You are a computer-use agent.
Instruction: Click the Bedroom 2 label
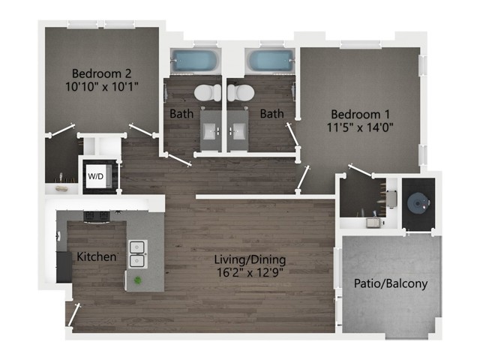click(x=102, y=73)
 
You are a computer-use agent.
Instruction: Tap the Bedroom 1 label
click(x=361, y=114)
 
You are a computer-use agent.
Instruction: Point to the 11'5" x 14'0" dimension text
click(x=361, y=127)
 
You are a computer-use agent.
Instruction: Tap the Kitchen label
click(x=97, y=257)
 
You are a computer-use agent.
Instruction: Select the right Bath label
click(x=271, y=114)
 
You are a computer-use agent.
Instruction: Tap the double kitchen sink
click(x=137, y=253)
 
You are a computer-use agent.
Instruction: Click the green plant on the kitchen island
click(x=138, y=281)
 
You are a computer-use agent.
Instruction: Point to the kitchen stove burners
click(x=96, y=217)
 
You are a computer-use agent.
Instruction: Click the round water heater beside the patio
click(x=417, y=200)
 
